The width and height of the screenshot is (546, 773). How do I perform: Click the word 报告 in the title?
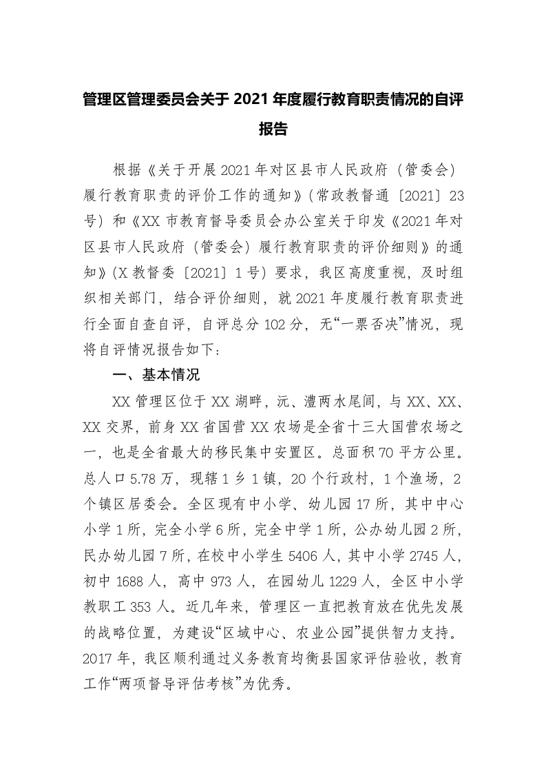click(273, 129)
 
